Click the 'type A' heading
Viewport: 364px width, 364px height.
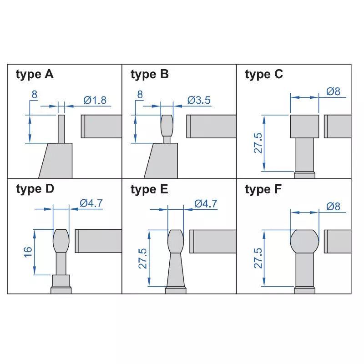tap(35, 74)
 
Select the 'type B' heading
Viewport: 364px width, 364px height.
tap(149, 74)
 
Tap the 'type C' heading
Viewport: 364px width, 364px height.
tap(264, 74)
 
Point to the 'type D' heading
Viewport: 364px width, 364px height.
tap(35, 189)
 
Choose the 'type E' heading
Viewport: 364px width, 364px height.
tap(149, 189)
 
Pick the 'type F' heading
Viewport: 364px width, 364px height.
tap(264, 189)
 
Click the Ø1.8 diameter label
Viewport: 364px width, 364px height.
tap(95, 101)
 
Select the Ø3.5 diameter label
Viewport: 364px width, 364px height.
tap(199, 101)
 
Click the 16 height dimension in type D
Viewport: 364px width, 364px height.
tap(28, 252)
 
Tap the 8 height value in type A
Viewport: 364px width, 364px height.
tap(34, 95)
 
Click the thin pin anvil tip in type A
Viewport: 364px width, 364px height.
tap(61, 129)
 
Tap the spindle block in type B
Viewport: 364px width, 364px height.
tap(212, 126)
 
